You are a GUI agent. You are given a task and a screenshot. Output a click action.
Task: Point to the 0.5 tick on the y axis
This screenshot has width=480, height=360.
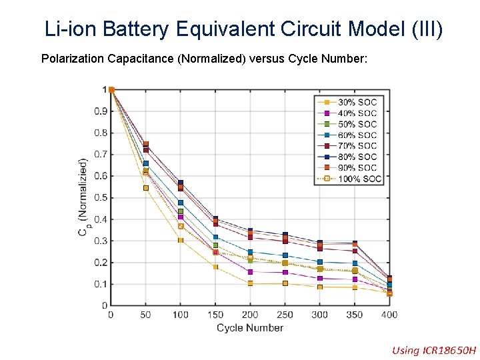(99, 197)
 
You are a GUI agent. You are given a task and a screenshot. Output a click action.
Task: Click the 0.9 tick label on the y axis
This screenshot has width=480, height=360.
(99, 111)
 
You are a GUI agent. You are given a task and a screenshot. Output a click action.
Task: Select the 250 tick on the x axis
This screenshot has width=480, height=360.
(285, 315)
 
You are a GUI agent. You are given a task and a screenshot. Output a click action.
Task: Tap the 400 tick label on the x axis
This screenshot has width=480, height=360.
(389, 315)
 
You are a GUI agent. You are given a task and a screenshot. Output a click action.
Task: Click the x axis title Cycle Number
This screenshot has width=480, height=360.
(250, 327)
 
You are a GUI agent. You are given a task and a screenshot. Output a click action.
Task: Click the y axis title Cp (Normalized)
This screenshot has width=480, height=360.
(83, 197)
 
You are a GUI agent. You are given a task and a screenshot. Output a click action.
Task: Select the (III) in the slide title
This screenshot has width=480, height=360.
(422, 29)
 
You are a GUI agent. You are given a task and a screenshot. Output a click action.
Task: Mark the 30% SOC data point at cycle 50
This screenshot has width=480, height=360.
(146, 188)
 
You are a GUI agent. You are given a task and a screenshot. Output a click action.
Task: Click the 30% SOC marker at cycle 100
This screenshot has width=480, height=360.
(181, 240)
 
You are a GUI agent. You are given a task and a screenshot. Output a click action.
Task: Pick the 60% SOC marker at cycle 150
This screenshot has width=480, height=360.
(215, 237)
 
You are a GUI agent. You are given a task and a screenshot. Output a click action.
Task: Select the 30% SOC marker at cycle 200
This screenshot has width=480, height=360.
(250, 283)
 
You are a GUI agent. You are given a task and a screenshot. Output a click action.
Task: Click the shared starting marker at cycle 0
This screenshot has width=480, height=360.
(111, 90)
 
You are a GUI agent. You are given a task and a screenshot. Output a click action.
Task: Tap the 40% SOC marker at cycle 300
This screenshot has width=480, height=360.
(320, 279)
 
